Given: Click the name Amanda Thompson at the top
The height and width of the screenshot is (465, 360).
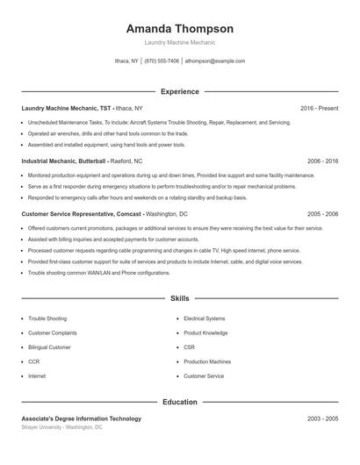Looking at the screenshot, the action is click(x=180, y=28).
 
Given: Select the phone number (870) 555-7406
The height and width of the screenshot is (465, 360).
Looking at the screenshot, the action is click(x=162, y=61).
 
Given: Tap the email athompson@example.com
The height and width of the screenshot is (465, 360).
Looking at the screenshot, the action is click(x=215, y=61).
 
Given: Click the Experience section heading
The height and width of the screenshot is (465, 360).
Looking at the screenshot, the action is click(x=180, y=91).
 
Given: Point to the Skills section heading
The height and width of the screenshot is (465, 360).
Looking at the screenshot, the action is click(x=180, y=299).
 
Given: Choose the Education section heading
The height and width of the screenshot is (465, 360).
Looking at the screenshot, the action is click(x=180, y=402).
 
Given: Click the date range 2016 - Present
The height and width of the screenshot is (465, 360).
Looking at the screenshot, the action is click(x=319, y=108).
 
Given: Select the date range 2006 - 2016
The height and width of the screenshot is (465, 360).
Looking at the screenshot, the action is click(x=322, y=161).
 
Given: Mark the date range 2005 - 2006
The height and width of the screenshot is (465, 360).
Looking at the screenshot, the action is click(x=322, y=214).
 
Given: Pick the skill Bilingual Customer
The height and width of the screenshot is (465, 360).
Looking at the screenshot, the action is click(x=49, y=347).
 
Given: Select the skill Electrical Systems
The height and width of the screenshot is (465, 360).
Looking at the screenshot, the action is click(x=204, y=318).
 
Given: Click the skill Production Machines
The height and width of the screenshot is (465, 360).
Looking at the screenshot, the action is click(x=207, y=361).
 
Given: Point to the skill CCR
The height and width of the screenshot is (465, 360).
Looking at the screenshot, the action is click(x=33, y=361).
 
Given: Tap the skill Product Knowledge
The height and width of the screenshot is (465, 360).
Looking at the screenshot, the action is click(x=205, y=333).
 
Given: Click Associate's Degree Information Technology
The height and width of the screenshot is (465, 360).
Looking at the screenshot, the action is click(x=81, y=418).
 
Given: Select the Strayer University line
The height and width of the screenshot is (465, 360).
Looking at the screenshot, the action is click(x=61, y=427).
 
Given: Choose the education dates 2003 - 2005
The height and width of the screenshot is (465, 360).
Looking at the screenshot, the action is click(x=322, y=418).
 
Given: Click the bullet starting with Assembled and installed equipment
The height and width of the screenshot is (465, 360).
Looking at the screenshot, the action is click(x=106, y=144).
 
